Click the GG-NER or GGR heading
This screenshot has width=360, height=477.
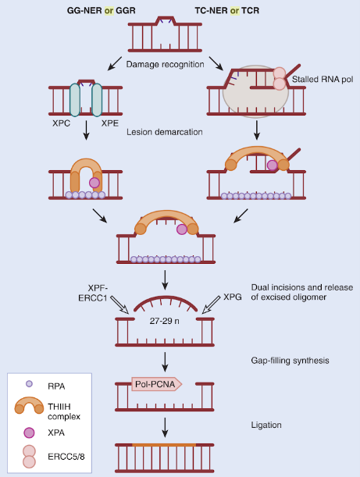[x=101, y=11]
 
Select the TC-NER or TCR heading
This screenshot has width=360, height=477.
[x=227, y=11]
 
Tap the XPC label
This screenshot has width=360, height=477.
[x=61, y=123]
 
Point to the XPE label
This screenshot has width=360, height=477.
[x=110, y=123]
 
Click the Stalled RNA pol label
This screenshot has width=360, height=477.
[x=323, y=80]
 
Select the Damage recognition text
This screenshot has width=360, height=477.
[x=166, y=65]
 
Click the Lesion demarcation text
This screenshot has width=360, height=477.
[x=165, y=132]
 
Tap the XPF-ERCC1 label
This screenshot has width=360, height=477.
[x=93, y=293]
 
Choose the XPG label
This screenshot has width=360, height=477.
[x=233, y=297]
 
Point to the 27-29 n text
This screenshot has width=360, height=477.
[x=164, y=321]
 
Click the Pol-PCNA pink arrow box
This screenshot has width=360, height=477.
[x=157, y=384]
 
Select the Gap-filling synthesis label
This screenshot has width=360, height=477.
[x=290, y=361]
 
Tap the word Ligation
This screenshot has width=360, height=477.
[x=266, y=425]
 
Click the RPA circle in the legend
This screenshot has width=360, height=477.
[x=29, y=384]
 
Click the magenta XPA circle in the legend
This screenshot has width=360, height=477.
[x=29, y=433]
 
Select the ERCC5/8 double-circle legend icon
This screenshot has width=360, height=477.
[x=29, y=457]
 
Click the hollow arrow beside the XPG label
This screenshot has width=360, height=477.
[x=211, y=304]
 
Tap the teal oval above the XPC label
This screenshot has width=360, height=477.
[x=75, y=100]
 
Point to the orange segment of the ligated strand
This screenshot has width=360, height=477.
[x=164, y=445]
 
